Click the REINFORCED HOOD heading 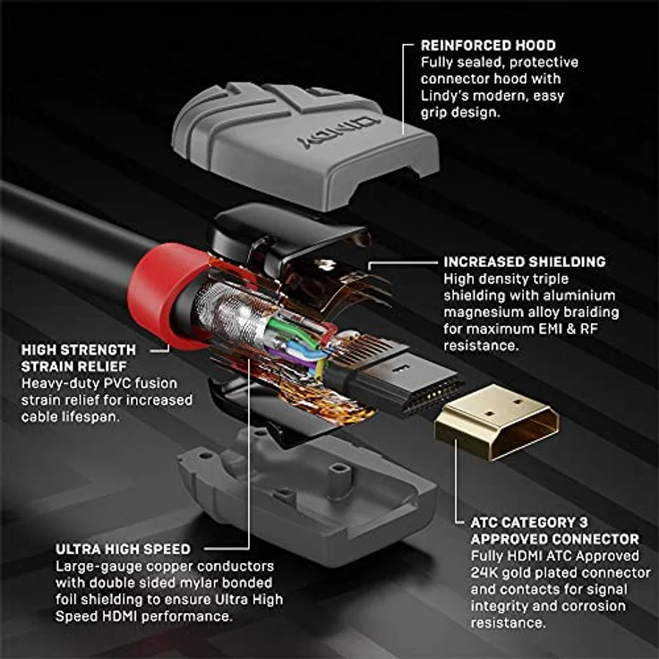click(488, 45)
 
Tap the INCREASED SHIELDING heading click(524, 261)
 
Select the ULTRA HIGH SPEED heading click(123, 549)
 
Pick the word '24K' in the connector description click(484, 572)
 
